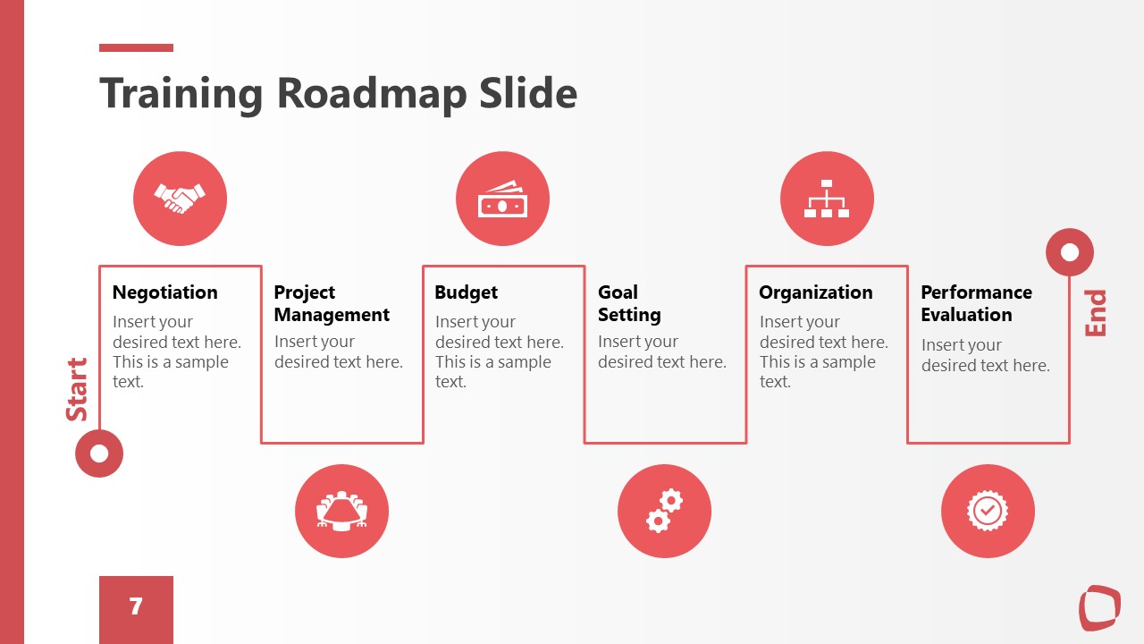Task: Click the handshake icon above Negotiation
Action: point(180,199)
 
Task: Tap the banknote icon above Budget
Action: point(502,199)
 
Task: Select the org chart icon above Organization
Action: point(827,199)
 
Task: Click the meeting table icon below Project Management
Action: point(341,511)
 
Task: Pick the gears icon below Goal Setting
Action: point(664,511)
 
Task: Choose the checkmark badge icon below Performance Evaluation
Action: point(988,511)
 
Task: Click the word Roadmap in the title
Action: point(372,94)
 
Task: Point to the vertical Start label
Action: point(77,389)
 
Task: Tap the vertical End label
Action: point(1095,313)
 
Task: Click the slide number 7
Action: point(136,606)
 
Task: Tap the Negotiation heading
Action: point(165,292)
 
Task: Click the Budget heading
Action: point(466,292)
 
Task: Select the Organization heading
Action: point(816,292)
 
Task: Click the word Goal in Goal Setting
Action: point(618,292)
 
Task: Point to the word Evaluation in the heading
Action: point(966,315)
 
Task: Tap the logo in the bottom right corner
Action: point(1099,607)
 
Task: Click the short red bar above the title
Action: point(137,48)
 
